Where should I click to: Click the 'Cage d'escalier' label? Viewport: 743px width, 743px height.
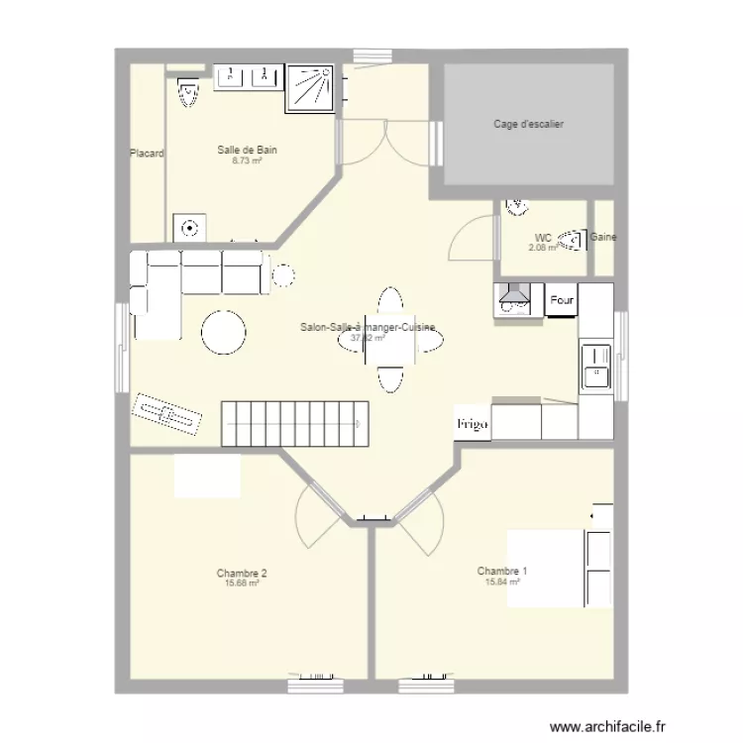point(529,124)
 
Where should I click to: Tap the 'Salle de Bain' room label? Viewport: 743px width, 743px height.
point(247,150)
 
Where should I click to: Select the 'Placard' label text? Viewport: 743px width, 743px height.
point(147,154)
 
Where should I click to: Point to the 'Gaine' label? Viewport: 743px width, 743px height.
point(603,238)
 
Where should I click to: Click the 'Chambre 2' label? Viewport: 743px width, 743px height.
point(242,573)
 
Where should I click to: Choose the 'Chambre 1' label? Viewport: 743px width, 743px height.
point(502,571)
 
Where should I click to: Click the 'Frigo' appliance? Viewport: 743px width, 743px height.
point(473,423)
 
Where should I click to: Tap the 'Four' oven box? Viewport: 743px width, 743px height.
point(562,299)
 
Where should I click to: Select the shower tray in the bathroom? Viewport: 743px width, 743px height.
point(312,88)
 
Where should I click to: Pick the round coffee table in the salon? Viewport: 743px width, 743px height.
point(224,333)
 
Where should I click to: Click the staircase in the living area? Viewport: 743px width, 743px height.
point(294,424)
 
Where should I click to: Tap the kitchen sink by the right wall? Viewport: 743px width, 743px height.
point(595,366)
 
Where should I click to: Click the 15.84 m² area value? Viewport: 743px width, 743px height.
point(502,583)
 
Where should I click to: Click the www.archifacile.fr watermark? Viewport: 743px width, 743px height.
point(608,725)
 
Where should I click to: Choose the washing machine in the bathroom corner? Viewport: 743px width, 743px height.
point(189,228)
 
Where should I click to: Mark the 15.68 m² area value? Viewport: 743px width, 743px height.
point(242,584)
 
